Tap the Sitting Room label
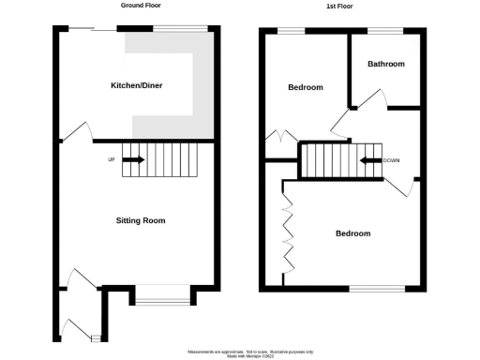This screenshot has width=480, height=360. (x=141, y=221)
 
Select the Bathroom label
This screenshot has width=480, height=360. (x=386, y=65)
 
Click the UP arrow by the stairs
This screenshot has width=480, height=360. (x=133, y=160)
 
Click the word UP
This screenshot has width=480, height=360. (x=112, y=160)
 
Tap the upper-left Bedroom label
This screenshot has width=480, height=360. (x=305, y=87)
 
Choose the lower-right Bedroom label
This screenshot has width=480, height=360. (x=352, y=233)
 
